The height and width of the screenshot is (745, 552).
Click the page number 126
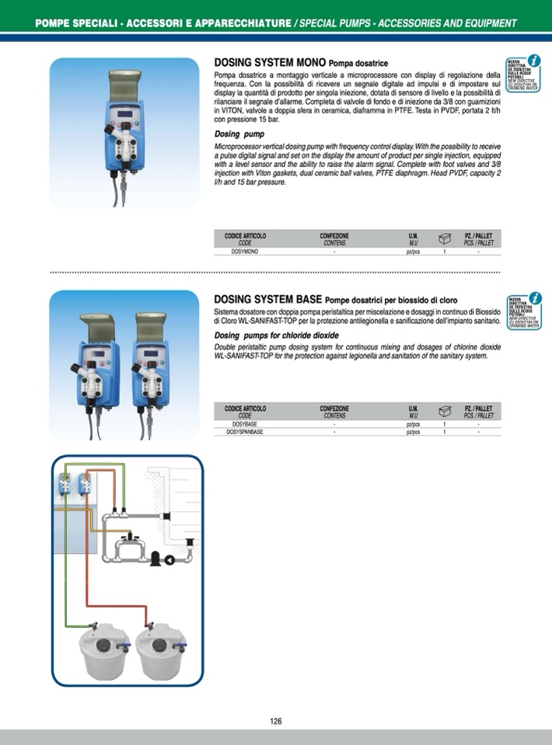point(276,721)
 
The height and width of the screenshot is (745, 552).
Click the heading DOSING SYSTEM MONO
point(270,63)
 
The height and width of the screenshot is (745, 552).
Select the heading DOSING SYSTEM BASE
point(268,300)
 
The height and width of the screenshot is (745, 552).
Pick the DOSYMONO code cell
point(245,252)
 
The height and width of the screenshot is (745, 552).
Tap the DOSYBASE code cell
point(245,425)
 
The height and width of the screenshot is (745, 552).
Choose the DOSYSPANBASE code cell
point(245,432)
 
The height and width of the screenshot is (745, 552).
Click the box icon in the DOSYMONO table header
point(445,238)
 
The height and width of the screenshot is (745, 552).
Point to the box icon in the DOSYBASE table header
point(445,411)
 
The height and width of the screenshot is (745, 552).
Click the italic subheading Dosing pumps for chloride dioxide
point(276,335)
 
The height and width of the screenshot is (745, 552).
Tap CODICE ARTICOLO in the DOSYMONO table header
point(245,235)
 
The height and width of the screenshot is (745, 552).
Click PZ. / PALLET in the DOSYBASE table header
point(478,408)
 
